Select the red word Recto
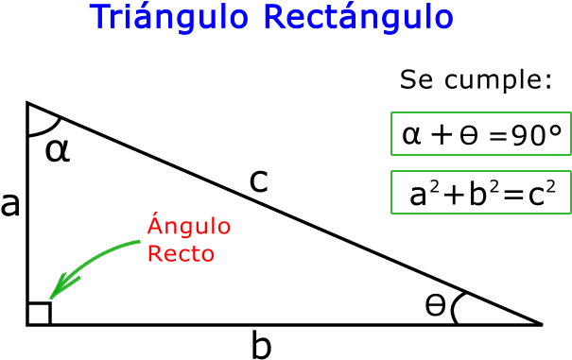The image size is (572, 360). [x=180, y=254]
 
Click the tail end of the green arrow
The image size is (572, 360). [x=140, y=243]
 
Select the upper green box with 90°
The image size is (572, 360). [x=480, y=133]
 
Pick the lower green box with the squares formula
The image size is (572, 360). [x=480, y=192]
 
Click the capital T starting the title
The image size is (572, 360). [x=99, y=17]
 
